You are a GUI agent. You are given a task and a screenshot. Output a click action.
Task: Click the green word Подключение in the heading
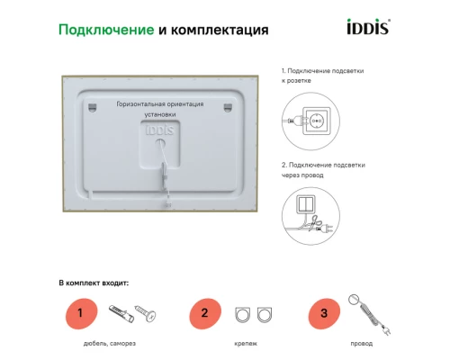[x=104, y=30]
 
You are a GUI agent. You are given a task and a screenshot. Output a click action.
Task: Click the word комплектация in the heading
[x=220, y=30]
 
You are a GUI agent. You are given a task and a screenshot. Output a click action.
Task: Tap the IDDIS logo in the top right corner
[x=367, y=28]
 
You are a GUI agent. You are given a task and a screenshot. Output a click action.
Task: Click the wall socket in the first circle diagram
[x=316, y=120]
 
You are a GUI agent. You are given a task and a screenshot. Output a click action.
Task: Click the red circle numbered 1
[x=80, y=314]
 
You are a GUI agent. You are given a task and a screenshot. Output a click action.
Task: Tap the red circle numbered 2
[x=204, y=314]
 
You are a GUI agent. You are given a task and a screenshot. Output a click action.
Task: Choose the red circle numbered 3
[x=323, y=314]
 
